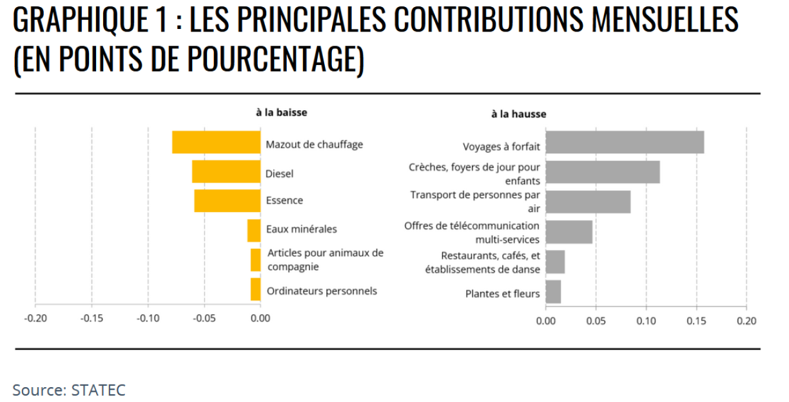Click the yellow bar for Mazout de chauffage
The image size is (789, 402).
(216, 142)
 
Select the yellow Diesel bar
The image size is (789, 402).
(226, 172)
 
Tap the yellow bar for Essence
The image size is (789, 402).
(228, 201)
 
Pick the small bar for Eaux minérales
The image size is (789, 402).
(254, 230)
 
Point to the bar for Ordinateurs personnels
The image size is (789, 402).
(256, 289)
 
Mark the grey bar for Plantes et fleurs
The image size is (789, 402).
(553, 292)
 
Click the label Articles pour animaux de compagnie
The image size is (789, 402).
(326, 260)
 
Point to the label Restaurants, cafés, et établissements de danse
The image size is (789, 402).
(483, 263)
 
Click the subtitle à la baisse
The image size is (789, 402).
(281, 112)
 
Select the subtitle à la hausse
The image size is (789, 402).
(518, 114)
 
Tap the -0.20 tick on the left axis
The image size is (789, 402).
(35, 318)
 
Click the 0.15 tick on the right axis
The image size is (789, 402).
(696, 320)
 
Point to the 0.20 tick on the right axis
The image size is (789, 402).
(746, 320)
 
